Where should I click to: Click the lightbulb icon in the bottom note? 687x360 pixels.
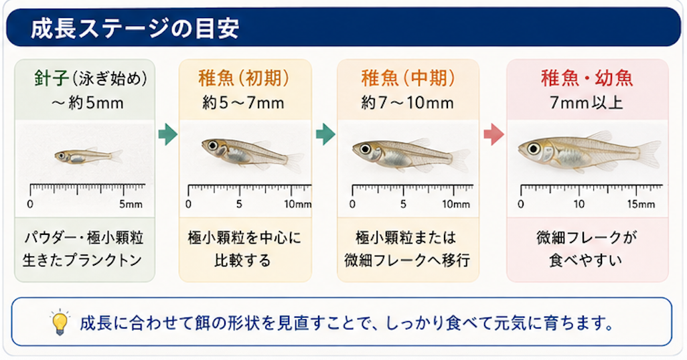[60, 322]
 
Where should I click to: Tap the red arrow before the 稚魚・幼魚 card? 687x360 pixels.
[493, 134]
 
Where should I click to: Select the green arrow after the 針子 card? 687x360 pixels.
[168, 134]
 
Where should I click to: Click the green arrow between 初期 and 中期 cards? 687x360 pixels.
[325, 134]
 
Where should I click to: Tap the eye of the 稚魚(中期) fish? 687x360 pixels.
[365, 149]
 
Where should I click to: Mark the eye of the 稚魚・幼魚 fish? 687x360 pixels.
[534, 149]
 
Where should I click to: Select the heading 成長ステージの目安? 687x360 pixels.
[135, 29]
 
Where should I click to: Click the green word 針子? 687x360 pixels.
[52, 79]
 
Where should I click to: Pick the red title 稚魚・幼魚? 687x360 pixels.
[587, 78]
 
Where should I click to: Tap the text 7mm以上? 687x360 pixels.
[587, 103]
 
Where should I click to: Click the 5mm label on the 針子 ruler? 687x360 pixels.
[131, 204]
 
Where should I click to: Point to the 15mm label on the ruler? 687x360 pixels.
[641, 204]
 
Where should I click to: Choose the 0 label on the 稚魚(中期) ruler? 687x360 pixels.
[352, 204]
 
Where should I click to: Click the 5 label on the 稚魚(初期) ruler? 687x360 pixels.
[239, 204]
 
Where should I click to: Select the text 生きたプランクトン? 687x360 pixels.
[82, 260]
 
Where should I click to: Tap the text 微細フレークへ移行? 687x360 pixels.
[407, 260]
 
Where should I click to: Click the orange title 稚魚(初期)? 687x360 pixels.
[244, 78]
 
